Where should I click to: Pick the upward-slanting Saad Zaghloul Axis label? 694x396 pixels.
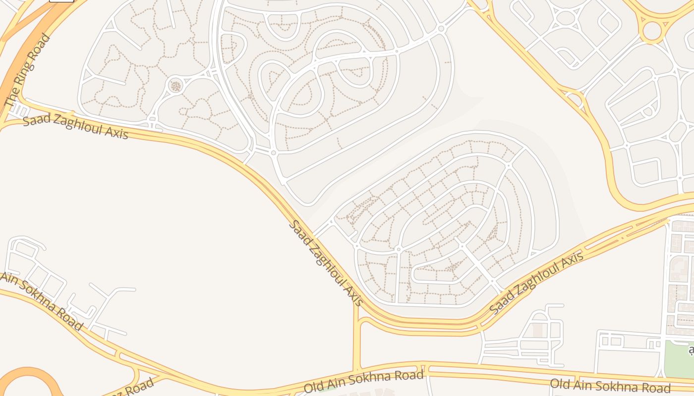pos(536,283)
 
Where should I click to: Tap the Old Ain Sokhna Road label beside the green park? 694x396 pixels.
pos(610,386)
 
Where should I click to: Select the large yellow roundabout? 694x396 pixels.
pos(652,31)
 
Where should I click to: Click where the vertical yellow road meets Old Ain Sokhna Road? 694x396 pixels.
pos(356,370)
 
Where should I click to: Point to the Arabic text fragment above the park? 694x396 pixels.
pos(691,351)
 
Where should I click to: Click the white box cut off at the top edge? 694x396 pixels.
pos(61,1)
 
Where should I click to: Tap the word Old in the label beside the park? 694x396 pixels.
pos(560,383)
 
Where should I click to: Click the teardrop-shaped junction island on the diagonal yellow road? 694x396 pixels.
pos(574,98)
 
